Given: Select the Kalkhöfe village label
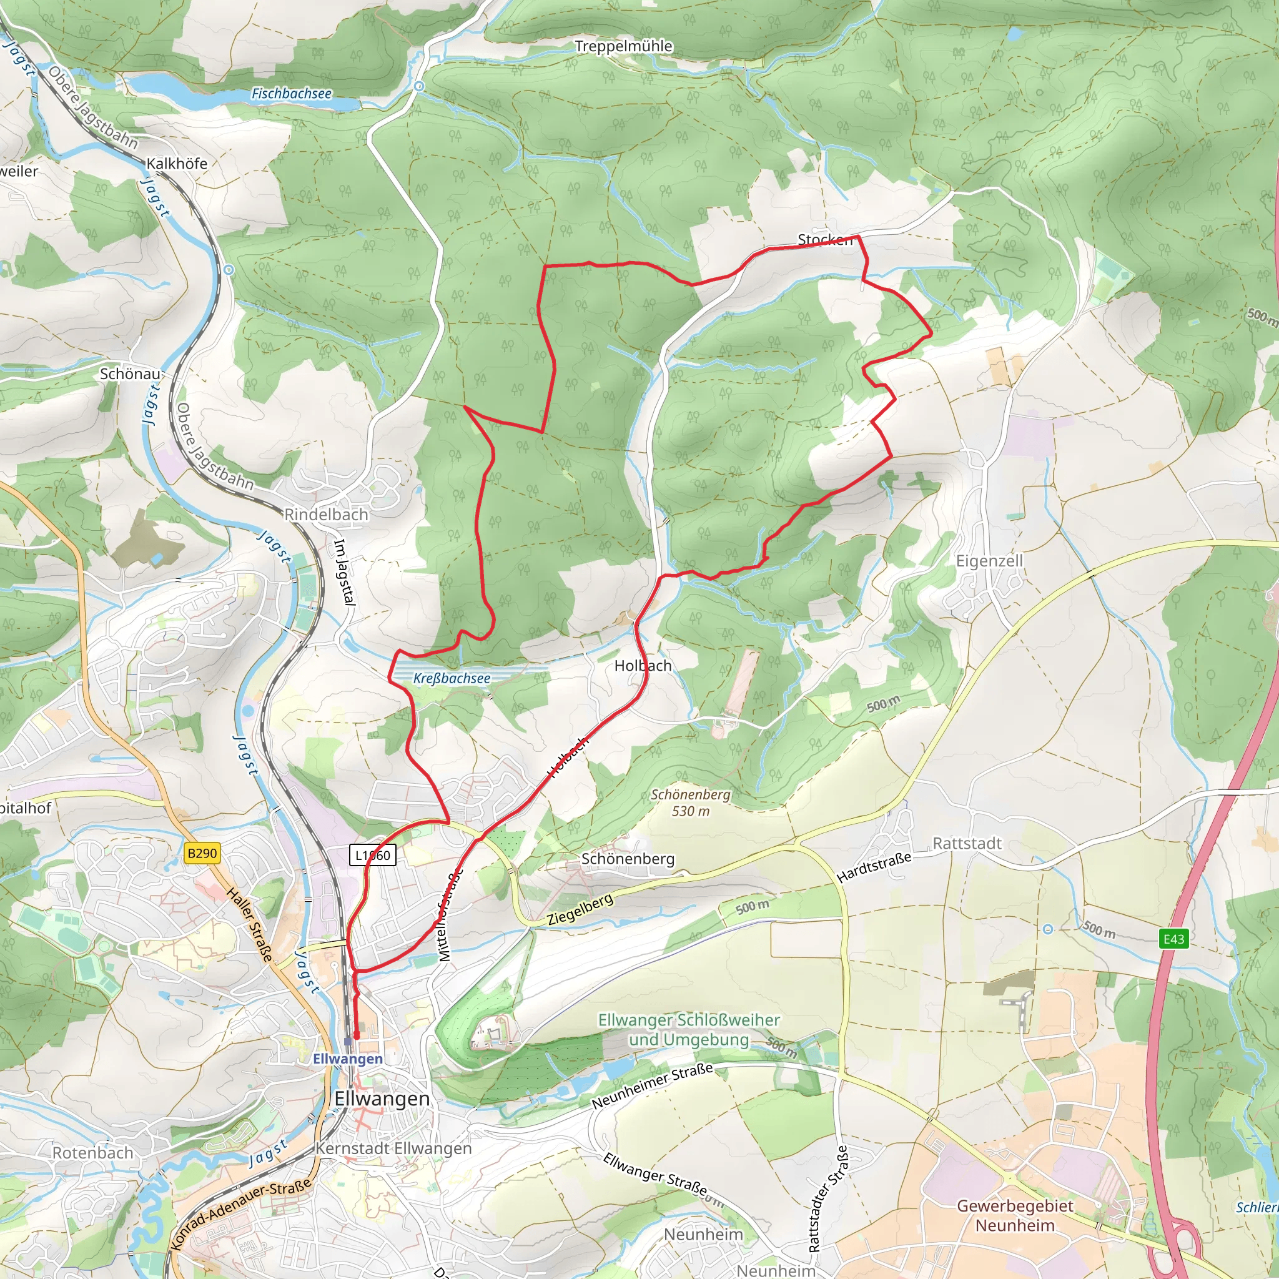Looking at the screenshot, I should coord(177,164).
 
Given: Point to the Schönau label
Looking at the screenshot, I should coord(131,374).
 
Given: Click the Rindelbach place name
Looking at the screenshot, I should coord(326,515).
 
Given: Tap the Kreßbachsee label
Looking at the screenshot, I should coord(452,679).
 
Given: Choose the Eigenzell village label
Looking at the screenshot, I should coord(989,561).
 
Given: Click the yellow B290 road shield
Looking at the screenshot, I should coord(202,853).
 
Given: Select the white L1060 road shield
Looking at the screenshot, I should coord(373,856).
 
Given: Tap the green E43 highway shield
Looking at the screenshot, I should coord(1173,939).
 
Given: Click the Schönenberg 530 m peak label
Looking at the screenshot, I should coord(691,802).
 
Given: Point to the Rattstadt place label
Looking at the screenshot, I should coord(967,843).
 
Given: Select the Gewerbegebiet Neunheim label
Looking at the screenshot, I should coord(1015,1215).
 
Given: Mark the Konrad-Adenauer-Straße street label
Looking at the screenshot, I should coord(240,1214).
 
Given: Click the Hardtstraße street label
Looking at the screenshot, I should coord(874,868).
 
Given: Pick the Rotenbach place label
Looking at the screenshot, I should coord(92,1153).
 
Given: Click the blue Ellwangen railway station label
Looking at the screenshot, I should coord(348,1059).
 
